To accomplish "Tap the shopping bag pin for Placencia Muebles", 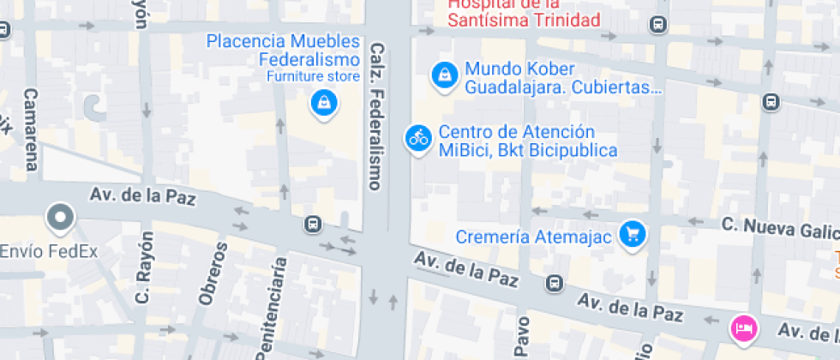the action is click(324, 103).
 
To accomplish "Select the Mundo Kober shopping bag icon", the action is click(444, 75).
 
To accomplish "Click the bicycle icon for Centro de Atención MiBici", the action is click(418, 137).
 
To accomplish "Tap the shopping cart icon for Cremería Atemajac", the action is click(633, 233).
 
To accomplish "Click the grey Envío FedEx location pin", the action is click(61, 219).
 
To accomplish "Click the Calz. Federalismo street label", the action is click(375, 116).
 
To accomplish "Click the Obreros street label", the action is click(213, 273).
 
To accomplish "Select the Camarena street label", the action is click(32, 129).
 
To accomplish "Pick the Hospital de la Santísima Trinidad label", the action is click(525, 12).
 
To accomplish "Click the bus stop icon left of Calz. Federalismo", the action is click(313, 225).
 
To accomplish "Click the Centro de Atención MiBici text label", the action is click(527, 141).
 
